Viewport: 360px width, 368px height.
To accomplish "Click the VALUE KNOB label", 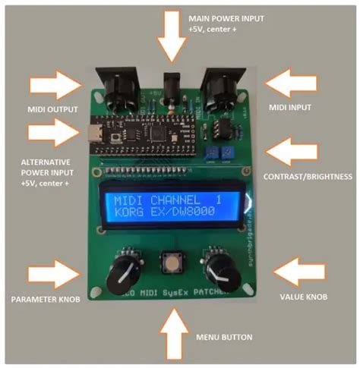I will [x=304, y=297].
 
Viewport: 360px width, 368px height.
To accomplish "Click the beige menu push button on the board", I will [x=172, y=265].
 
